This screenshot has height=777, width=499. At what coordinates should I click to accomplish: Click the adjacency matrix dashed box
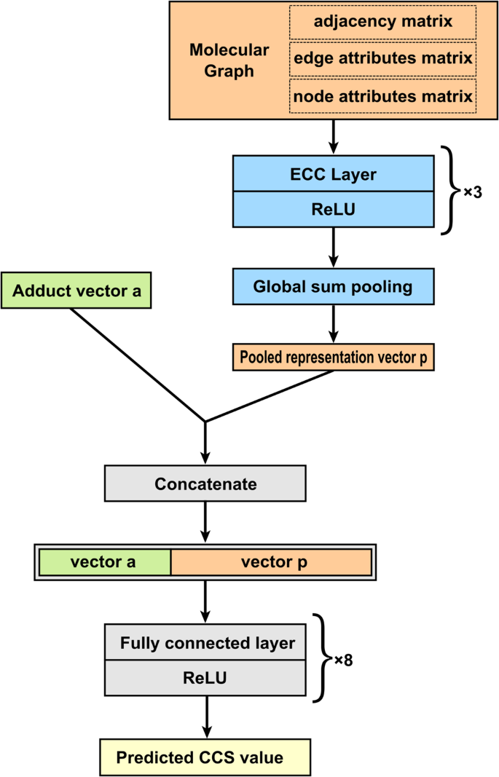pos(382,22)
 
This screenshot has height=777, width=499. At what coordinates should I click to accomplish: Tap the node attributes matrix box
pos(382,96)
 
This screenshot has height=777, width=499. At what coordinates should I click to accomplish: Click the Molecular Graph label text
pos(229,60)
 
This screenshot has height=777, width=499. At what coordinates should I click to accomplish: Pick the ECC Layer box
pos(333,174)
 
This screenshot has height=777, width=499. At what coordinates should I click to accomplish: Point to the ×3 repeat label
pos(473,194)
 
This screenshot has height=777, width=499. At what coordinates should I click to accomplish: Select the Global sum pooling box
pos(333,287)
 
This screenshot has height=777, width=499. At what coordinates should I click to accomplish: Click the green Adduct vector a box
pos(77,291)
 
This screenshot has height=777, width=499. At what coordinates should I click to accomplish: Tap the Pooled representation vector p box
pos(334,358)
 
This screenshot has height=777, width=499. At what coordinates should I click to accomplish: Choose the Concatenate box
pos(205,484)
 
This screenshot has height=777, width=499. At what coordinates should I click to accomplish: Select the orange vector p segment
pos(271,562)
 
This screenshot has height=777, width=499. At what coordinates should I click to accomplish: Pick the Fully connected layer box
pos(205,643)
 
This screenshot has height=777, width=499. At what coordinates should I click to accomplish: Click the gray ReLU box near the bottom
pos(205,678)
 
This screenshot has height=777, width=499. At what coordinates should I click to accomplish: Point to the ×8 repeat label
pos(343,660)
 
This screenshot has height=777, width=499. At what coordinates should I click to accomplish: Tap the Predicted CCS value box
pos(205,757)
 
